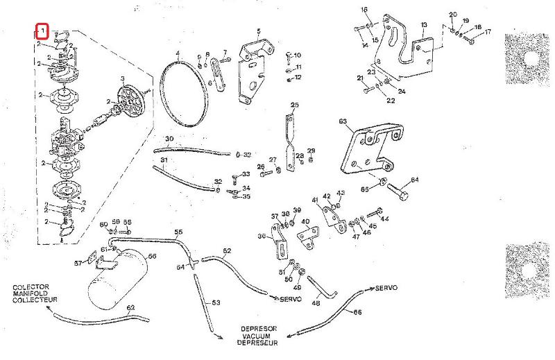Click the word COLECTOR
coord(31,286)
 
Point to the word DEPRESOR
coord(259,329)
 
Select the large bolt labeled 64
coord(399,189)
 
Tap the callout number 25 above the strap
coord(294,105)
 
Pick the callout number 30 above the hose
coord(169,139)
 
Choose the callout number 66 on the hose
coord(357,312)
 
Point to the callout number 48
coord(316,302)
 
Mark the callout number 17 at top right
coord(488,31)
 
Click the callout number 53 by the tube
coord(216,302)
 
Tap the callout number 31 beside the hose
coord(164,160)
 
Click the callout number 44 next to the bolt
coord(385,218)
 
